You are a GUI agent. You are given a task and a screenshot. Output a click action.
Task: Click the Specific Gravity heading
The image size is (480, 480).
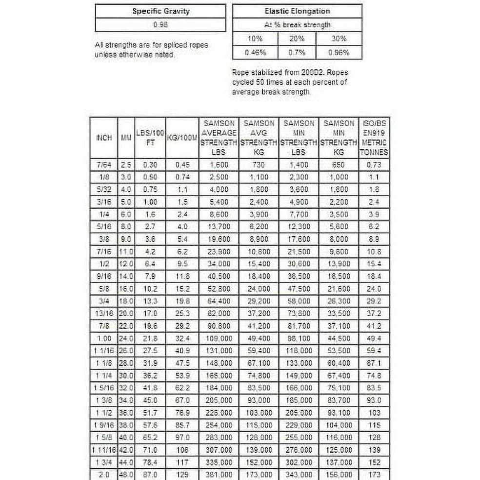click(160, 11)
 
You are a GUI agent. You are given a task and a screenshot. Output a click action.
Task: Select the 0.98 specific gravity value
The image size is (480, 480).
click(160, 24)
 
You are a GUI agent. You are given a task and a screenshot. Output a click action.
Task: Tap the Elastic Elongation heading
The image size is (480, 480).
click(297, 11)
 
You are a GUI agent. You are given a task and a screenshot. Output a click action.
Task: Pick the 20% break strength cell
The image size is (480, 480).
click(297, 39)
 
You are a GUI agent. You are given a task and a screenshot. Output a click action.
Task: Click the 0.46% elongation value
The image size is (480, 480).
click(254, 52)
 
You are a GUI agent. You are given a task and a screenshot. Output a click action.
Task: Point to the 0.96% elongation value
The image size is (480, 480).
click(339, 52)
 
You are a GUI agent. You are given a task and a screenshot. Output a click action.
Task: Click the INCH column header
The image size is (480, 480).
click(104, 138)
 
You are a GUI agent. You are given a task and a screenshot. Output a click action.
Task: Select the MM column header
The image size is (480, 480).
click(126, 138)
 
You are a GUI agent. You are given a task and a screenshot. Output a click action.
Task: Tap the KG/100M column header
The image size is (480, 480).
click(181, 138)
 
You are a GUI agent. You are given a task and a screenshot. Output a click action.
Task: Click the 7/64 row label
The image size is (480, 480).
click(104, 165)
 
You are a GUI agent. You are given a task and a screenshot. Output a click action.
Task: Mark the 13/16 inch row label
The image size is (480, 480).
click(104, 313)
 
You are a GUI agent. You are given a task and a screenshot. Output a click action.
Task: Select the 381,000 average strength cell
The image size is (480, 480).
click(218, 474)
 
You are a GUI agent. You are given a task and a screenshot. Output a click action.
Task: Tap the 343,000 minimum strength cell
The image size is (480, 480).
click(298, 474)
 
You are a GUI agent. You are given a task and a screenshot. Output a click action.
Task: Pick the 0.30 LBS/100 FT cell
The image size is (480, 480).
click(150, 165)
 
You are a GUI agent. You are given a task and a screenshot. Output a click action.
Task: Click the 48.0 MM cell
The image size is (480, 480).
click(126, 474)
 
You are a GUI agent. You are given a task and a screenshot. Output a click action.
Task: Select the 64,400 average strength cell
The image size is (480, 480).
click(218, 301)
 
